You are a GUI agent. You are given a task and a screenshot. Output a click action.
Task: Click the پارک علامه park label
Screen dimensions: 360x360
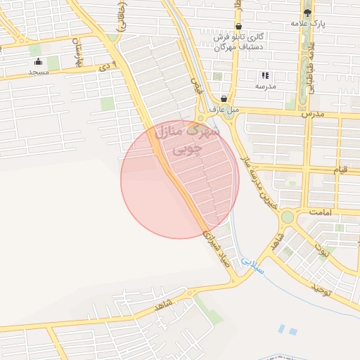click(308, 24)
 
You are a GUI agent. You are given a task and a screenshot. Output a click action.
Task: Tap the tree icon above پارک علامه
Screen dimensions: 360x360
click(307, 13)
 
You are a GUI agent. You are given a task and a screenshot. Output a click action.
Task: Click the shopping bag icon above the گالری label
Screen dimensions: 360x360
click(238, 27)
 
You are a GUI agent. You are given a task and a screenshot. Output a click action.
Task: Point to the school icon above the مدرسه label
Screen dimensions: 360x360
click(265, 75)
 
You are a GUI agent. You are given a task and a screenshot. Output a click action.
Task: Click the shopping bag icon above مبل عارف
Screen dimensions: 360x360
click(224, 98)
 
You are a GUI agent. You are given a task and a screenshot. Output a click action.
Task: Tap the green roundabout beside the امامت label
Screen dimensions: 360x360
click(286, 217)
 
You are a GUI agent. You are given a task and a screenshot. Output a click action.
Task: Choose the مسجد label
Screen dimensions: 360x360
click(39, 72)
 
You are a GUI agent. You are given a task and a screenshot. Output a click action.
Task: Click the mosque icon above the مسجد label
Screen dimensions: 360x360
click(37, 62)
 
